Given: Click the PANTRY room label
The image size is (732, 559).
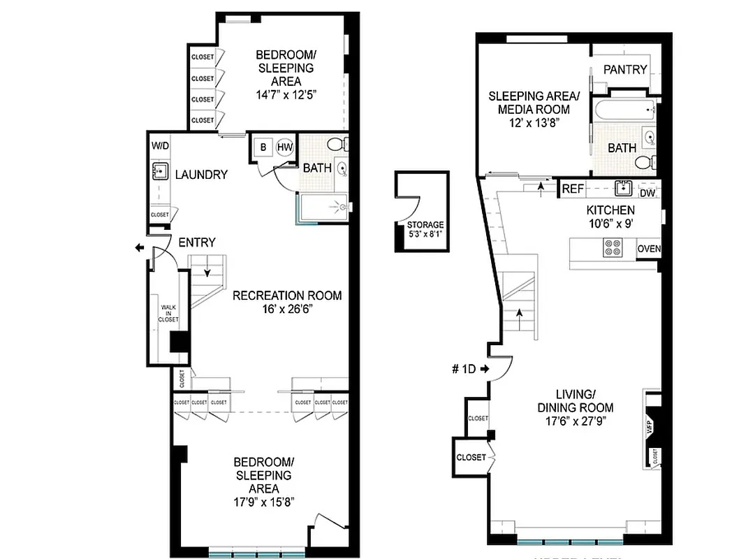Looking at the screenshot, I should pyautogui.click(x=625, y=69).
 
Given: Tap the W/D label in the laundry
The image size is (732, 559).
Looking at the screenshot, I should pyautogui.click(x=160, y=146).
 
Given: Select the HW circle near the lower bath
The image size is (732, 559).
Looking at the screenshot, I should pyautogui.click(x=284, y=147).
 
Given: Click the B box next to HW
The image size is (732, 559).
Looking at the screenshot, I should pyautogui.click(x=264, y=147).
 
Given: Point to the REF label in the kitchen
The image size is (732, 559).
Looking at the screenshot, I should pyautogui.click(x=573, y=189).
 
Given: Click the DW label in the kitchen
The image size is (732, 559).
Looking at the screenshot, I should pyautogui.click(x=647, y=194).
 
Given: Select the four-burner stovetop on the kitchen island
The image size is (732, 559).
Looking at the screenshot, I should pyautogui.click(x=613, y=248).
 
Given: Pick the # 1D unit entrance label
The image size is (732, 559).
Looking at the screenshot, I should pyautogui.click(x=464, y=368).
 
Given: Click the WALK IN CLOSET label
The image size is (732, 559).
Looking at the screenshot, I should pyautogui.click(x=168, y=313).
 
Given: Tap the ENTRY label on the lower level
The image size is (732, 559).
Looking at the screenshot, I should pyautogui.click(x=197, y=242).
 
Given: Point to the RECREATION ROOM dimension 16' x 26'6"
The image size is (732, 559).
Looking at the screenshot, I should pyautogui.click(x=287, y=310).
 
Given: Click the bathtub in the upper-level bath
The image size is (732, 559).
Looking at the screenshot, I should pyautogui.click(x=624, y=109).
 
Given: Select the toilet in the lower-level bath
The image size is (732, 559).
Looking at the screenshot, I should pyautogui.click(x=336, y=145).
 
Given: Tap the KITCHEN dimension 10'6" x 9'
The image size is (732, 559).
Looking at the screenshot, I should pyautogui.click(x=610, y=224).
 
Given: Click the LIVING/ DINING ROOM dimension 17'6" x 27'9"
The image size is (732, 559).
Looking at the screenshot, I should pyautogui.click(x=576, y=422).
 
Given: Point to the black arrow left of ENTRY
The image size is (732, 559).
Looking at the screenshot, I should pyautogui.click(x=140, y=248).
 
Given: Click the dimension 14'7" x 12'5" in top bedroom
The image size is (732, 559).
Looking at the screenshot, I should pyautogui.click(x=286, y=96).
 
